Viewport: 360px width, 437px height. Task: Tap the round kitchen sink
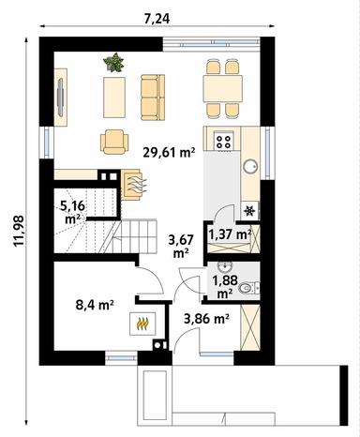[x=251, y=166]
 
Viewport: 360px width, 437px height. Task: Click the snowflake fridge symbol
[x=249, y=209]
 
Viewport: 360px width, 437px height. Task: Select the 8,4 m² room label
[x=94, y=304]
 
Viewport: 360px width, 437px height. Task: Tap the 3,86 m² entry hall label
[x=207, y=319]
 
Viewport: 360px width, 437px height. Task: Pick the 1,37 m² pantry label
[x=229, y=234]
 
